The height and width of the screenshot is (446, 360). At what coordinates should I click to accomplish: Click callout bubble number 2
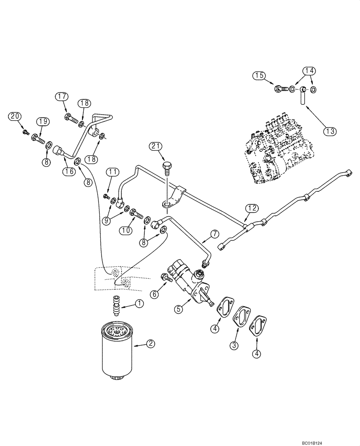point(151,344)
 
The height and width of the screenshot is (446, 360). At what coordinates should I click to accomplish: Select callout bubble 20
point(16,116)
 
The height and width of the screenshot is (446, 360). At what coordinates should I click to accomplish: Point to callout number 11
point(113,172)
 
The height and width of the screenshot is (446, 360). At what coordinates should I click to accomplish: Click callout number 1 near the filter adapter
point(140,304)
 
